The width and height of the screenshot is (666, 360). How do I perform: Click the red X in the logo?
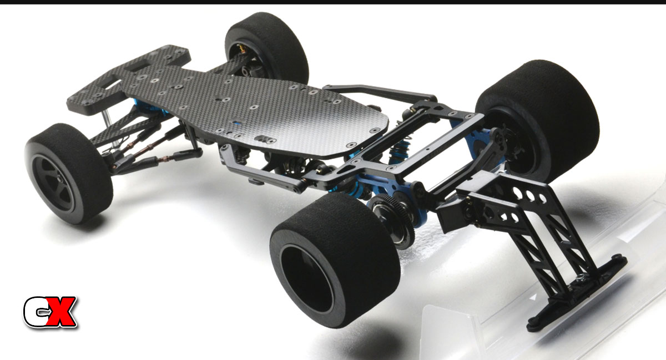coord(61,312)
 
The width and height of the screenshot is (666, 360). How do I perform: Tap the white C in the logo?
coord(36,312)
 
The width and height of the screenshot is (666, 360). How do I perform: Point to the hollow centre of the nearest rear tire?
coord(306,278)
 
